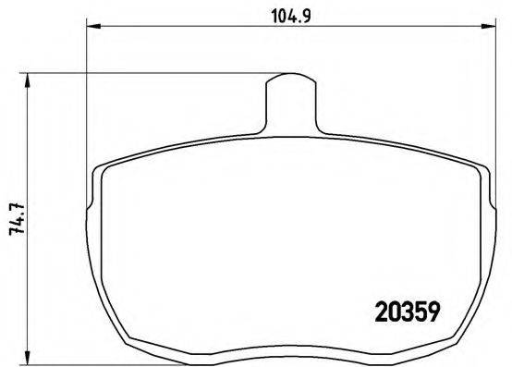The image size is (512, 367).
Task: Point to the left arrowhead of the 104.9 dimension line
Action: (91, 26)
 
